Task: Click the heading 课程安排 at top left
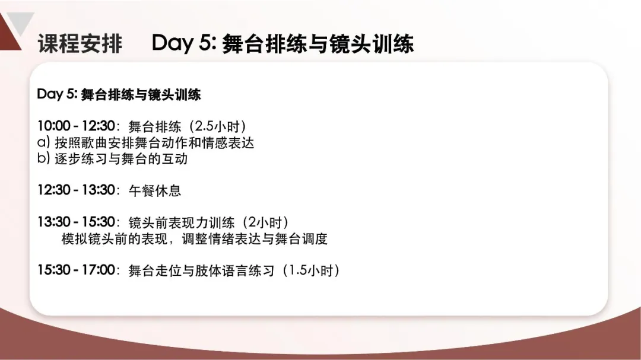tap(80, 43)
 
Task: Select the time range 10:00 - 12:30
tap(77, 126)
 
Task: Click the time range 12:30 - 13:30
tap(77, 190)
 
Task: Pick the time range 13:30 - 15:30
tap(77, 222)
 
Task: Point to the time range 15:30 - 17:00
tap(77, 270)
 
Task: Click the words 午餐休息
tap(155, 191)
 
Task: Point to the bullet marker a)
tap(44, 142)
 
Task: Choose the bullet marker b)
tap(44, 158)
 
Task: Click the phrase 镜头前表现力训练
tap(182, 222)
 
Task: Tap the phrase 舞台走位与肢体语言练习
tap(202, 271)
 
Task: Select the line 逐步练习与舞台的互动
tap(122, 158)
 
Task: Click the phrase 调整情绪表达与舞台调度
tap(255, 238)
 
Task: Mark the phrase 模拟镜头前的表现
tap(115, 238)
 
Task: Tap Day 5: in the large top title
tap(184, 43)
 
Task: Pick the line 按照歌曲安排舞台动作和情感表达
tap(154, 142)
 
